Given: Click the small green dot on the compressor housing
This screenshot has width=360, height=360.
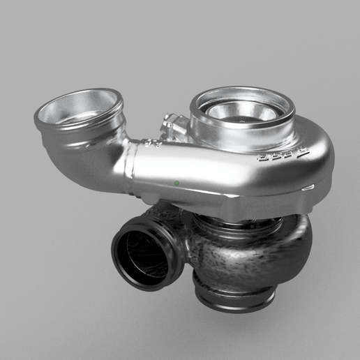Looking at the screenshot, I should [x=177, y=183].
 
